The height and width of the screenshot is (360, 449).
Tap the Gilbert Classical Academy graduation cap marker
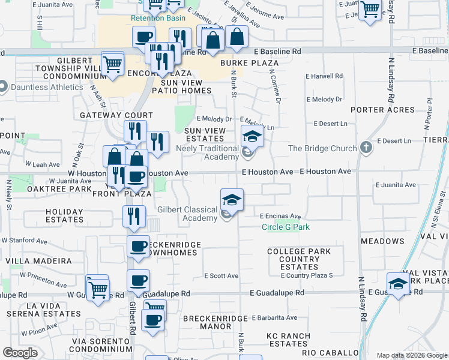(232, 200)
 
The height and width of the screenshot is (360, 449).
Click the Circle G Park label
(286, 227)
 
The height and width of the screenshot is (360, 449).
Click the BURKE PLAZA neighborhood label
(249, 63)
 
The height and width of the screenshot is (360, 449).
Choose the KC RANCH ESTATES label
(289, 340)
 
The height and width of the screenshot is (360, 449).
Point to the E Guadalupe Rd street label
(277, 293)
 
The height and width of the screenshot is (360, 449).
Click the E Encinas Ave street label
(280, 217)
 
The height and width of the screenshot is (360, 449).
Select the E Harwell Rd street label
(324, 77)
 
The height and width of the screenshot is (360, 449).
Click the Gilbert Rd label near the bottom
(131, 316)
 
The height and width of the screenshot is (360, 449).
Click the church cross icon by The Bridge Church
(366, 148)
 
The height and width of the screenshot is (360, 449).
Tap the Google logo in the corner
(20, 353)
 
